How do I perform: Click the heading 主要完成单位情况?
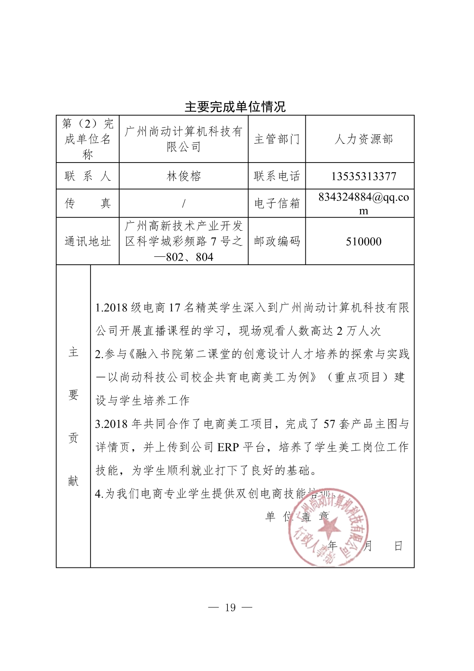tap(235, 107)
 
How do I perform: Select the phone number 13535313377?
tap(364, 176)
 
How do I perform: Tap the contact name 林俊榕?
tap(183, 176)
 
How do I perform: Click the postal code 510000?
tap(364, 242)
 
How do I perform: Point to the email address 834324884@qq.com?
tap(364, 204)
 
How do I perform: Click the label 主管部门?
tap(277, 139)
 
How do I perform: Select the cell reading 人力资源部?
tap(364, 139)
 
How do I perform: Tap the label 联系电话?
tap(277, 176)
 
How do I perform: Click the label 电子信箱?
tap(277, 204)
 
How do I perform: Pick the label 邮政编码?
tap(277, 241)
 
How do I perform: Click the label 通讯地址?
tap(88, 241)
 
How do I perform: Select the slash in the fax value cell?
tap(183, 204)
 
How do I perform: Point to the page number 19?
tap(231, 608)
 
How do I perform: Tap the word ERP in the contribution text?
tap(228, 447)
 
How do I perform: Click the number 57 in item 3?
tap(329, 424)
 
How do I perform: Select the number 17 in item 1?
tap(174, 308)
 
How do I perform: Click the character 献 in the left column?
tap(73, 481)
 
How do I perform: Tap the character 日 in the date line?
tap(398, 546)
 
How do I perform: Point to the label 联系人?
tap(88, 176)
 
